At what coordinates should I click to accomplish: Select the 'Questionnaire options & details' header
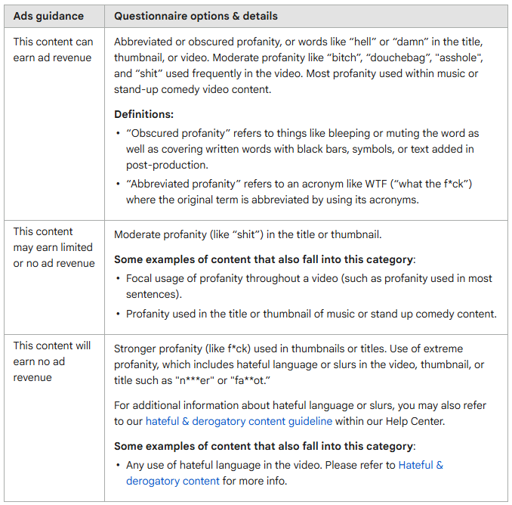(x=196, y=16)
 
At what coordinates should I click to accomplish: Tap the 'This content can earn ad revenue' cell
(x=52, y=50)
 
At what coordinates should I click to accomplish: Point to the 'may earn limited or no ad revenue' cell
(x=53, y=247)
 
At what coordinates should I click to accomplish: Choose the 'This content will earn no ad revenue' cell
(x=51, y=361)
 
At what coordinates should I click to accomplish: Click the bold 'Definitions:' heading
(x=143, y=114)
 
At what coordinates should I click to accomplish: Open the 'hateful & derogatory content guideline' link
(x=239, y=421)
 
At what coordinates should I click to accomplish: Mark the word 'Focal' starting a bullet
(x=140, y=278)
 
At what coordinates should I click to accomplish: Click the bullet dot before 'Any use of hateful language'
(x=119, y=465)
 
